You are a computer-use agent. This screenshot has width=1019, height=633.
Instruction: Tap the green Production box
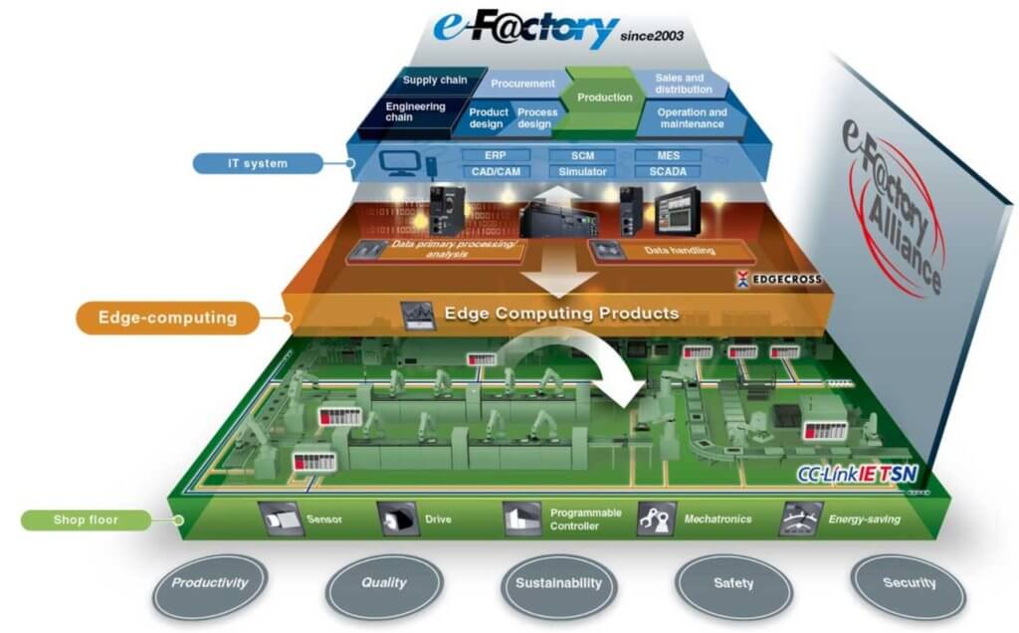coord(604,98)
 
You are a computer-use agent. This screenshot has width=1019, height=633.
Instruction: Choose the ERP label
coord(495,156)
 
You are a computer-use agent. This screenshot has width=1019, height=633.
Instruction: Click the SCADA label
coord(668,172)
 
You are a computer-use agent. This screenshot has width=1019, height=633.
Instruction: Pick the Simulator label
coord(582,172)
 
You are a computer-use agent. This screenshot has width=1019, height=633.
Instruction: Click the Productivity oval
coord(208,583)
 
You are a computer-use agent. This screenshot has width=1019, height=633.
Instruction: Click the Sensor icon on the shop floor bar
coord(279,519)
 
